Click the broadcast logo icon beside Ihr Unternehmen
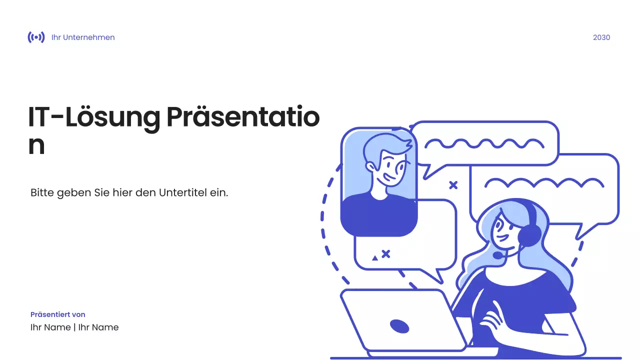tap(36, 37)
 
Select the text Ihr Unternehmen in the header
tap(83, 37)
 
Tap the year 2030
tap(601, 37)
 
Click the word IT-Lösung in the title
tap(94, 118)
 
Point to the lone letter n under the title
tap(36, 145)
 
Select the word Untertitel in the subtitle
tap(182, 192)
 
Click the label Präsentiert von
tap(58, 314)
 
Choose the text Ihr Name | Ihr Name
tap(74, 327)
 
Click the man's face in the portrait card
tap(387, 167)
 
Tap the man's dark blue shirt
tap(378, 215)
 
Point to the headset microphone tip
tap(497, 255)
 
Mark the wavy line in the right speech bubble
tap(544, 183)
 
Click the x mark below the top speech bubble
tap(453, 185)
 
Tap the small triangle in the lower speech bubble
tap(375, 258)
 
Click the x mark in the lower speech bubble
tap(385, 254)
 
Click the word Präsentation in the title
tap(242, 118)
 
